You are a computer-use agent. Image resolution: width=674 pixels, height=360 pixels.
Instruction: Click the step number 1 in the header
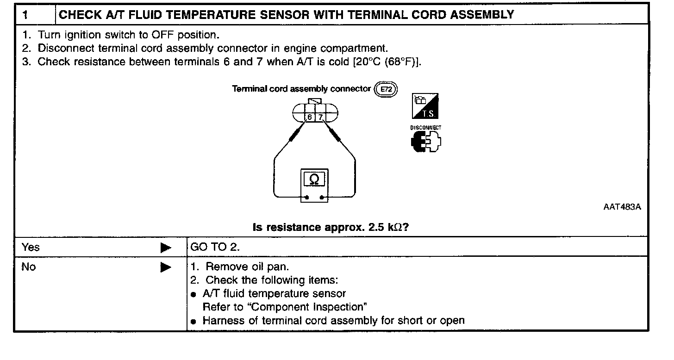point(25,15)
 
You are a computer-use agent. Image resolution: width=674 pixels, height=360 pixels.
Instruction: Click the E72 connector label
point(386,89)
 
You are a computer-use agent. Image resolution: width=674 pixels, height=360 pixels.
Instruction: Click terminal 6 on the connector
point(310,118)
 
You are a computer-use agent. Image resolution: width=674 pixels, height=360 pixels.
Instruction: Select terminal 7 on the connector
point(320,118)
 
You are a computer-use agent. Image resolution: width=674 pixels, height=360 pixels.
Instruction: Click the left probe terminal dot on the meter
point(306,197)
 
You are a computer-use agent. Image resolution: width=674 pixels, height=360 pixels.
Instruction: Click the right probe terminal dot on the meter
point(321,197)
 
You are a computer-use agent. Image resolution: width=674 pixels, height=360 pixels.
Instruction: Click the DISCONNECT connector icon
point(426,141)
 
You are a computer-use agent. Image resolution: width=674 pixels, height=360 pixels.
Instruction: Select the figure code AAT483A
point(622,207)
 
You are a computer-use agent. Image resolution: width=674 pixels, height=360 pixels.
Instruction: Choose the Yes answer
point(31,247)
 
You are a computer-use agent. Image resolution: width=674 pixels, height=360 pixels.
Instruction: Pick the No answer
point(28,267)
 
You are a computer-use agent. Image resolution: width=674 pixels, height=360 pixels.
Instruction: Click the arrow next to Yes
point(165,248)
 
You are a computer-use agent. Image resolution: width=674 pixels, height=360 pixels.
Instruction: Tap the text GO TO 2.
point(215,247)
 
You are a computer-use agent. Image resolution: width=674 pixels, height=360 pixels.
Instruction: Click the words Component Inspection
point(310,307)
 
